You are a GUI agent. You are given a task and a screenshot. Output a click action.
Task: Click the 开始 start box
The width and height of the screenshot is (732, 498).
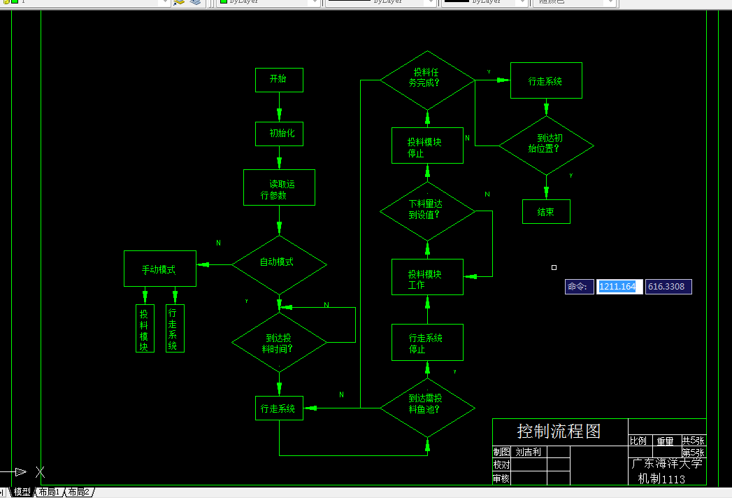(x=279, y=80)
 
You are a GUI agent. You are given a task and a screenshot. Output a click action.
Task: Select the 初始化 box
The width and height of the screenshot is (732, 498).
(x=279, y=133)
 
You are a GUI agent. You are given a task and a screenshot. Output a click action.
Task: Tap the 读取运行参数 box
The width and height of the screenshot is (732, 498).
(x=279, y=187)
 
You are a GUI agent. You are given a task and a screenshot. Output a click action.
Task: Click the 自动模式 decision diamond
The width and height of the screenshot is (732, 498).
(x=279, y=264)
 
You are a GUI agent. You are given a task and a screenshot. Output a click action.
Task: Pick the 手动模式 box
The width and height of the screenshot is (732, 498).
(x=159, y=269)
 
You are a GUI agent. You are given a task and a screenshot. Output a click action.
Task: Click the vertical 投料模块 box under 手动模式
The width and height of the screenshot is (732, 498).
(x=144, y=328)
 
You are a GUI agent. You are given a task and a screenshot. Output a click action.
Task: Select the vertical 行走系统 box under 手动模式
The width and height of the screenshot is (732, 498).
(x=174, y=328)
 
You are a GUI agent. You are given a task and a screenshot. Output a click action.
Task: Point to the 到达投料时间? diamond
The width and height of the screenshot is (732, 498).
(x=279, y=342)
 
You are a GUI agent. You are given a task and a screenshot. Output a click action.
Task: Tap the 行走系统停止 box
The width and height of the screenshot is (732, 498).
(x=427, y=343)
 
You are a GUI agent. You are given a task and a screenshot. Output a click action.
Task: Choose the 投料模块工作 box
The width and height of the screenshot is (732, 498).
(x=427, y=277)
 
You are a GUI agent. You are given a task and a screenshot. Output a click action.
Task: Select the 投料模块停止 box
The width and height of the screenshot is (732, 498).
(x=427, y=145)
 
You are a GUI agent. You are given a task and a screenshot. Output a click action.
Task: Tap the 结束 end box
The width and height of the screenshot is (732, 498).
(x=546, y=212)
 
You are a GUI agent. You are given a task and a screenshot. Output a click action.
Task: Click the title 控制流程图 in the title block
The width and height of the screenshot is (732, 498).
(x=559, y=431)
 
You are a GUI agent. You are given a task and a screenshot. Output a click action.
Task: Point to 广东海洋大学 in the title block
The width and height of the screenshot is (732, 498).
(x=666, y=464)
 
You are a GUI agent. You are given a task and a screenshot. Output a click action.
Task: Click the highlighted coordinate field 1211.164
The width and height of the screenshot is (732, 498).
(x=618, y=287)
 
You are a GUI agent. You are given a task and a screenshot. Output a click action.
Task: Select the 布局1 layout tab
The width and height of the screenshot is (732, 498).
(x=49, y=492)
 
